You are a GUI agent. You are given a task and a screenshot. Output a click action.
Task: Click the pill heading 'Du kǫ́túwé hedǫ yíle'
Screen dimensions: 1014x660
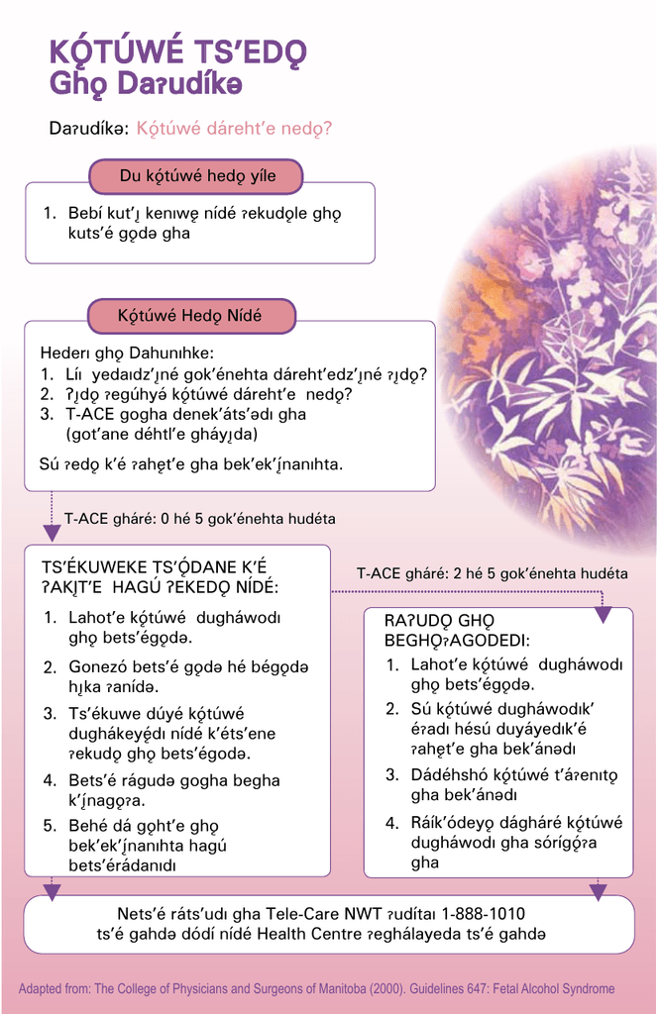click(197, 177)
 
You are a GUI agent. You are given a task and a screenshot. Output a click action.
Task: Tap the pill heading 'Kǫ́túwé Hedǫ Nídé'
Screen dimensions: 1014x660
click(190, 317)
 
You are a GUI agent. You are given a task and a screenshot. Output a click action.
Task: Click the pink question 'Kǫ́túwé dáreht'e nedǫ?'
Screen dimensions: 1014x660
click(234, 129)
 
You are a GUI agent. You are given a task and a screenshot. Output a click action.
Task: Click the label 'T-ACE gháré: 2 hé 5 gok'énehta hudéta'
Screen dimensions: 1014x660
click(492, 573)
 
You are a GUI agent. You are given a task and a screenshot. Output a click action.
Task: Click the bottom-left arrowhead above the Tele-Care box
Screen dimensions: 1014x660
click(53, 891)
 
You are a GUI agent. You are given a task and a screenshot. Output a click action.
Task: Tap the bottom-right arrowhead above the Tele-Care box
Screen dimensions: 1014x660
click(598, 891)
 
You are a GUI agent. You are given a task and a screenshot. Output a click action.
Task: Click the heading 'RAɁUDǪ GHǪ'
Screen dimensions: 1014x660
click(432, 621)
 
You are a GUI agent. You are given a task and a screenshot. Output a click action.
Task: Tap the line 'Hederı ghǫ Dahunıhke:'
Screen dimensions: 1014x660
click(127, 354)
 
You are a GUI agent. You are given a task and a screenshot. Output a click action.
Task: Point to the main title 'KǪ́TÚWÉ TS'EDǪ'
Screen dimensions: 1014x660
click(177, 53)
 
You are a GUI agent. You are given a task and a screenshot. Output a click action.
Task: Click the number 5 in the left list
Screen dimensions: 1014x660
click(50, 826)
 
